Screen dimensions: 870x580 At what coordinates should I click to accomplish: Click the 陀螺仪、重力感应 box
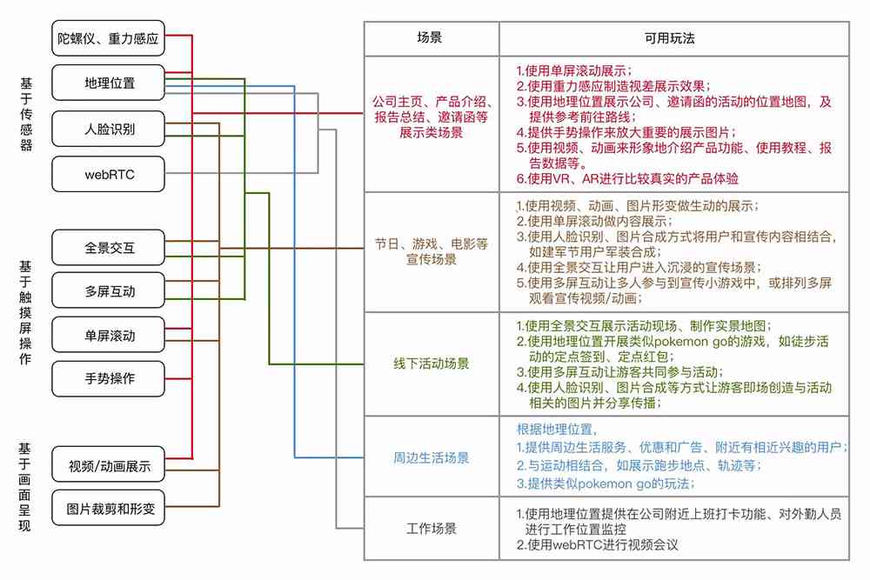tap(108, 38)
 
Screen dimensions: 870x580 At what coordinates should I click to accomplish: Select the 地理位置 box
tap(108, 83)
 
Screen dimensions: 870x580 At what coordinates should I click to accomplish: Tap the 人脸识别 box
tap(108, 129)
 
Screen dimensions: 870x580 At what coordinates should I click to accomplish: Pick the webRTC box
tap(108, 174)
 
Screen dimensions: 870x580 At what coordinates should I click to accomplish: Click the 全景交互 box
tap(108, 247)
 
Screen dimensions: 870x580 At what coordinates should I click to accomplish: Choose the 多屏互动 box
tap(108, 290)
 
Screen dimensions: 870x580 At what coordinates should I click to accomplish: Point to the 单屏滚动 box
tap(108, 335)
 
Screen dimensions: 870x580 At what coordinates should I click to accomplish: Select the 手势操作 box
tap(108, 379)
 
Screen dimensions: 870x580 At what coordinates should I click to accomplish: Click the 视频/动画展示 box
tap(108, 464)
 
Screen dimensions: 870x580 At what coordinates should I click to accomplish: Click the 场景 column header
tap(432, 39)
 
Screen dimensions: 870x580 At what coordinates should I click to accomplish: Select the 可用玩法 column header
tap(674, 39)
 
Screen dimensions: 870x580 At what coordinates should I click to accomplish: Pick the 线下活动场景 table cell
tap(432, 363)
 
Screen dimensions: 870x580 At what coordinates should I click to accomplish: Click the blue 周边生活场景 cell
tap(432, 457)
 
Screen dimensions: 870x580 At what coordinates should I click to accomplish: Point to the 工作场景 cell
tap(432, 529)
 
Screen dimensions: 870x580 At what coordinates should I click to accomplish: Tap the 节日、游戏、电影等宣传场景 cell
tap(432, 252)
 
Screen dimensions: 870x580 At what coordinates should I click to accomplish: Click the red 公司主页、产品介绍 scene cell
tap(432, 124)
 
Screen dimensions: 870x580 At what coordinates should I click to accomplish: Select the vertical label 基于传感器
tap(26, 114)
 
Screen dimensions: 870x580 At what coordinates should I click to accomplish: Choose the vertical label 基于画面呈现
tap(24, 487)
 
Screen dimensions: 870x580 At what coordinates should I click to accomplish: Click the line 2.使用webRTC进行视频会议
tap(597, 544)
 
